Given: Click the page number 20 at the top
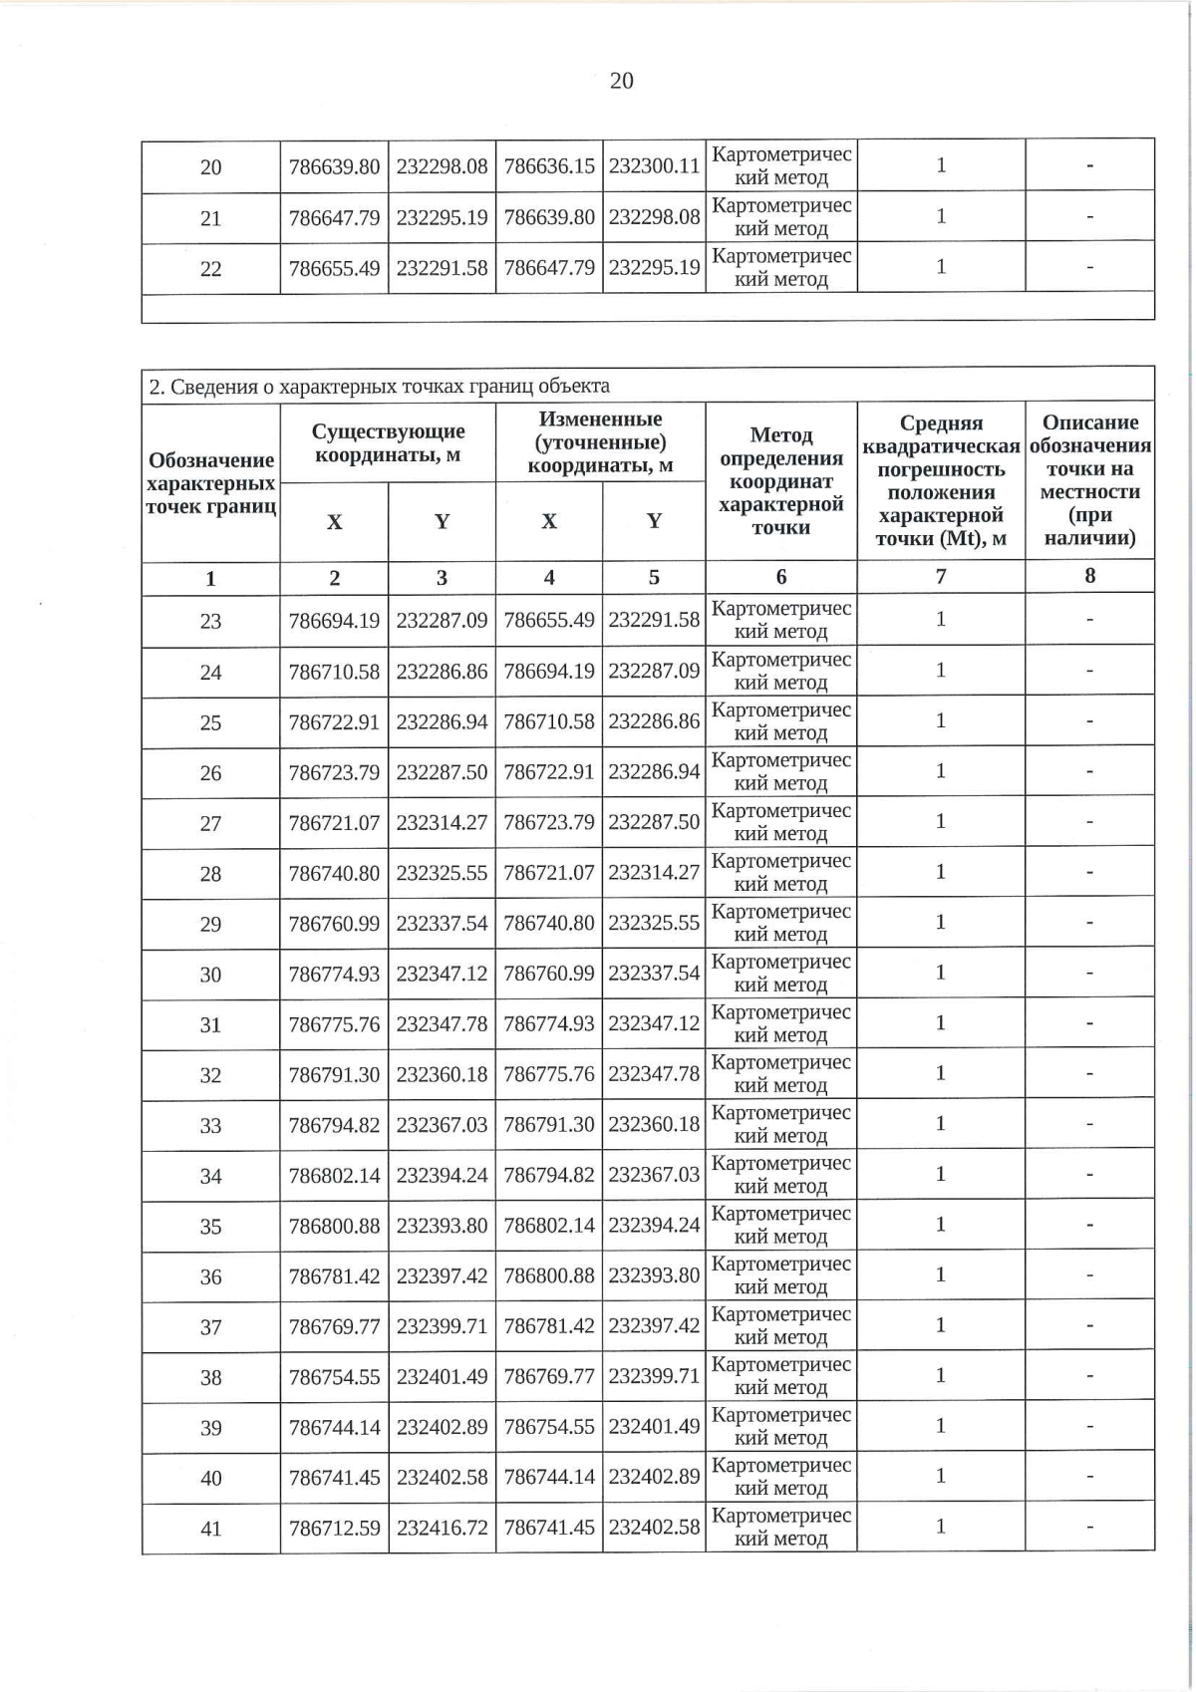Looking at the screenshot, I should (x=621, y=81).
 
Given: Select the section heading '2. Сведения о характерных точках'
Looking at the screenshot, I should (x=379, y=386).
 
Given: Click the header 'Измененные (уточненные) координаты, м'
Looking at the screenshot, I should (x=600, y=441).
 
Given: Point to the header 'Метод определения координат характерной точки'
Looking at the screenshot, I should (x=781, y=481).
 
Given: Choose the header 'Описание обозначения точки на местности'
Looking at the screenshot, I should (x=1089, y=480).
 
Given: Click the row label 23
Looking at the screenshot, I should (x=210, y=622).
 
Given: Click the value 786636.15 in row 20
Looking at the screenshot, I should (x=549, y=166).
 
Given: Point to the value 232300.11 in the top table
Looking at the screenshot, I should (x=654, y=166).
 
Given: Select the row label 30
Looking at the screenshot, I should (x=210, y=975).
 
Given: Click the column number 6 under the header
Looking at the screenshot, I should (x=781, y=577).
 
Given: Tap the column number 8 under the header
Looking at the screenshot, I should (x=1089, y=576).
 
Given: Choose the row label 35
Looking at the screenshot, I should (x=210, y=1227).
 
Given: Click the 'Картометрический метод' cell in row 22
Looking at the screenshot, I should (x=781, y=268).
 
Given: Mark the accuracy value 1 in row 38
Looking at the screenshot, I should (x=940, y=1376).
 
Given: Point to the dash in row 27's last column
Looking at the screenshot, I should (x=1089, y=823).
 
